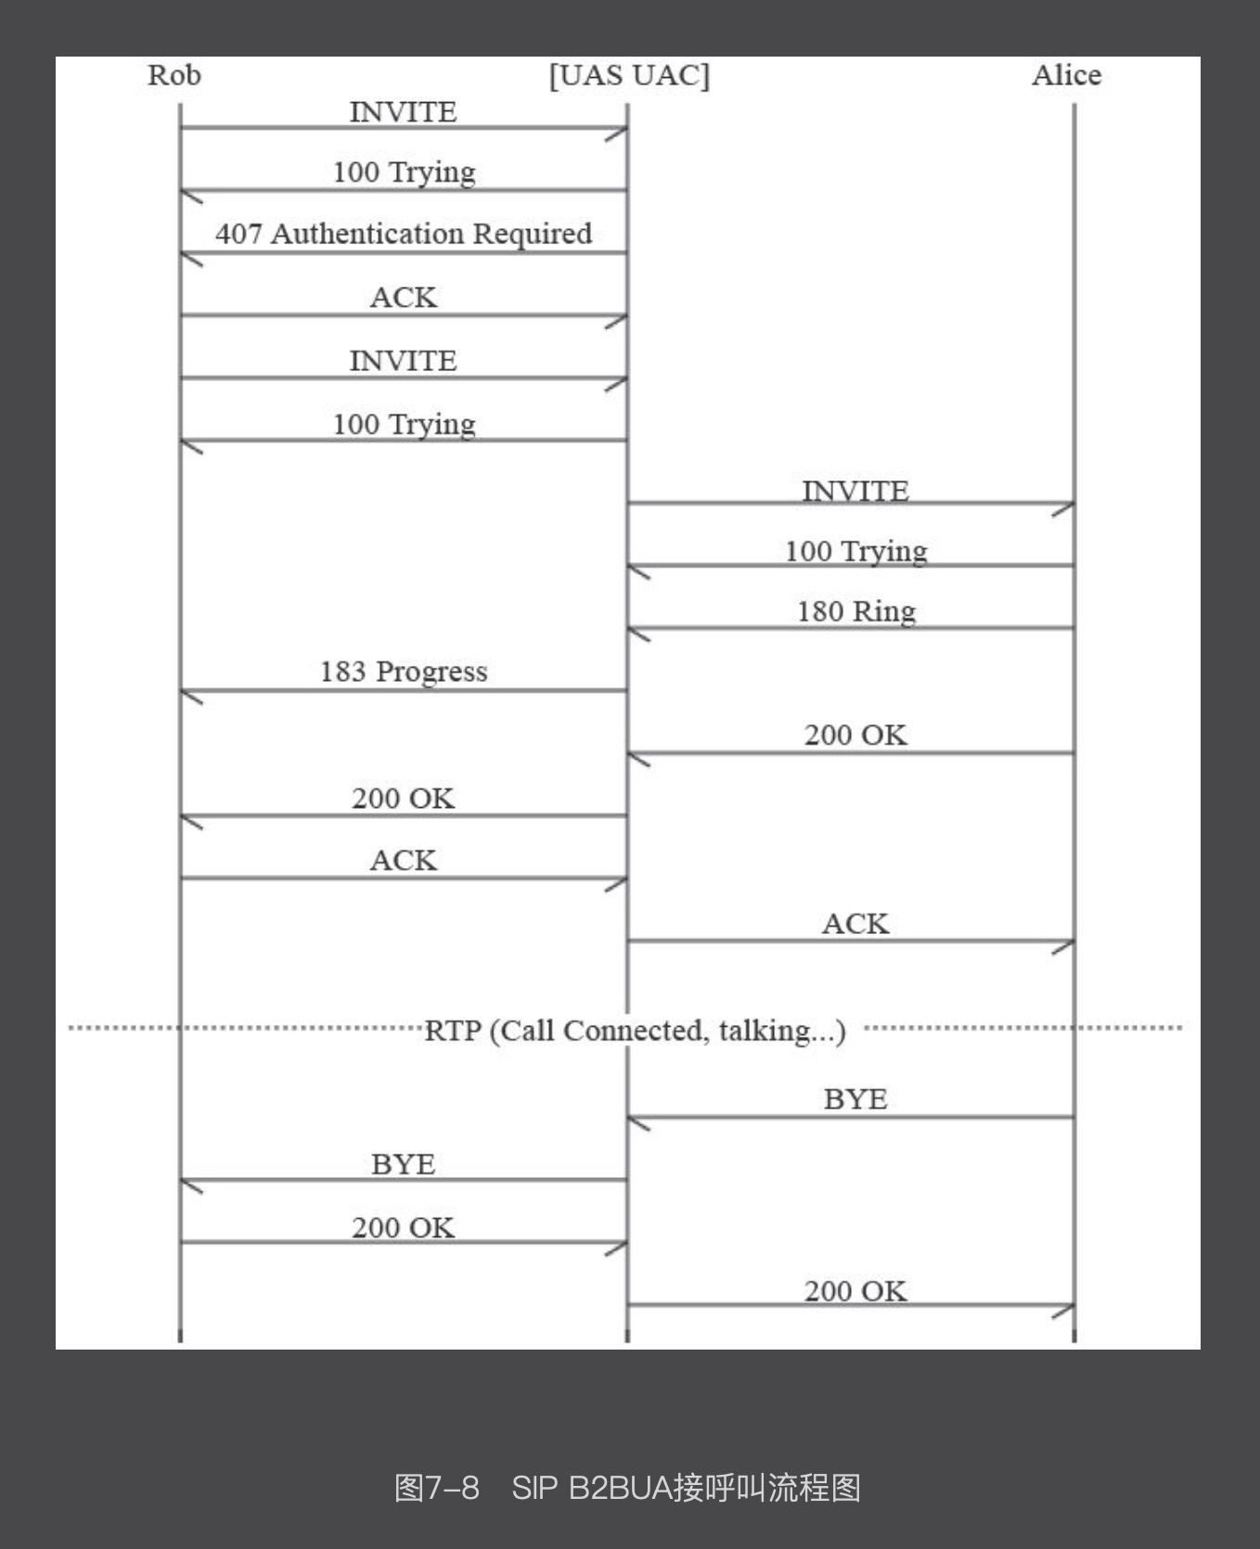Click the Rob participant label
(x=174, y=75)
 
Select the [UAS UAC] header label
(x=629, y=75)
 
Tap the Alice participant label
(x=1066, y=75)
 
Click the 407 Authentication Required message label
(x=404, y=234)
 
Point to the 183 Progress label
(x=404, y=672)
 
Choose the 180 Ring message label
(x=856, y=611)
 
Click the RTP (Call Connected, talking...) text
(x=636, y=1031)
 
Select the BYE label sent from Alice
(x=855, y=1099)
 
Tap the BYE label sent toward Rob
(x=404, y=1164)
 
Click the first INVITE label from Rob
(x=404, y=112)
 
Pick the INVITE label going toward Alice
(x=855, y=491)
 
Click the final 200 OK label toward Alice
(x=855, y=1291)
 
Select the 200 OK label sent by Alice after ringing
(x=855, y=736)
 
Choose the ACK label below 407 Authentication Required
(x=404, y=298)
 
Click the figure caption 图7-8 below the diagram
(x=437, y=1487)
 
